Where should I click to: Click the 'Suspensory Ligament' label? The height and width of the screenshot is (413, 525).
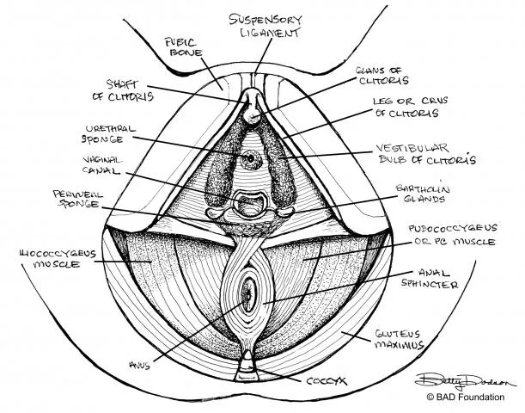point(266,25)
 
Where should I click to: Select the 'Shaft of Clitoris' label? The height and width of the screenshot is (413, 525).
point(123,90)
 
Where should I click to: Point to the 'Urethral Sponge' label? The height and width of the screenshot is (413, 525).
point(109,134)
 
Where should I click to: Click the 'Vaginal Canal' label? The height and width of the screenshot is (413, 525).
point(102,165)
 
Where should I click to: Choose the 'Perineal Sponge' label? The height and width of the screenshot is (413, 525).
point(77,200)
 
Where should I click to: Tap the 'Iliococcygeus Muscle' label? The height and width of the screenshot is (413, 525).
point(58,259)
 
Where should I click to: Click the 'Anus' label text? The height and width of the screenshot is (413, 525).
point(139,365)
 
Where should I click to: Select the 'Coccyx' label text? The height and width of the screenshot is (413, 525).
point(327,381)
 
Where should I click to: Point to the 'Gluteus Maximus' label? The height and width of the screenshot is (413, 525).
point(399,339)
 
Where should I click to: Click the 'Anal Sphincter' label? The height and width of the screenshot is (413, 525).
point(430,279)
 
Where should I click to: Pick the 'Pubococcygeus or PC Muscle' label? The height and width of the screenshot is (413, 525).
point(453,235)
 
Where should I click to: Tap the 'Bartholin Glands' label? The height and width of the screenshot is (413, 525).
point(423,194)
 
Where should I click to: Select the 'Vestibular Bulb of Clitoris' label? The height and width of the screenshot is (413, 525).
point(427,153)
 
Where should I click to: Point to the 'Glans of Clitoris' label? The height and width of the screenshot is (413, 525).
point(382,76)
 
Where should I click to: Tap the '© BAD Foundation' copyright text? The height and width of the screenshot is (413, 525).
point(466,398)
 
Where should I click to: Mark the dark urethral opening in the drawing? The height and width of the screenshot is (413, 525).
point(250,158)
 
